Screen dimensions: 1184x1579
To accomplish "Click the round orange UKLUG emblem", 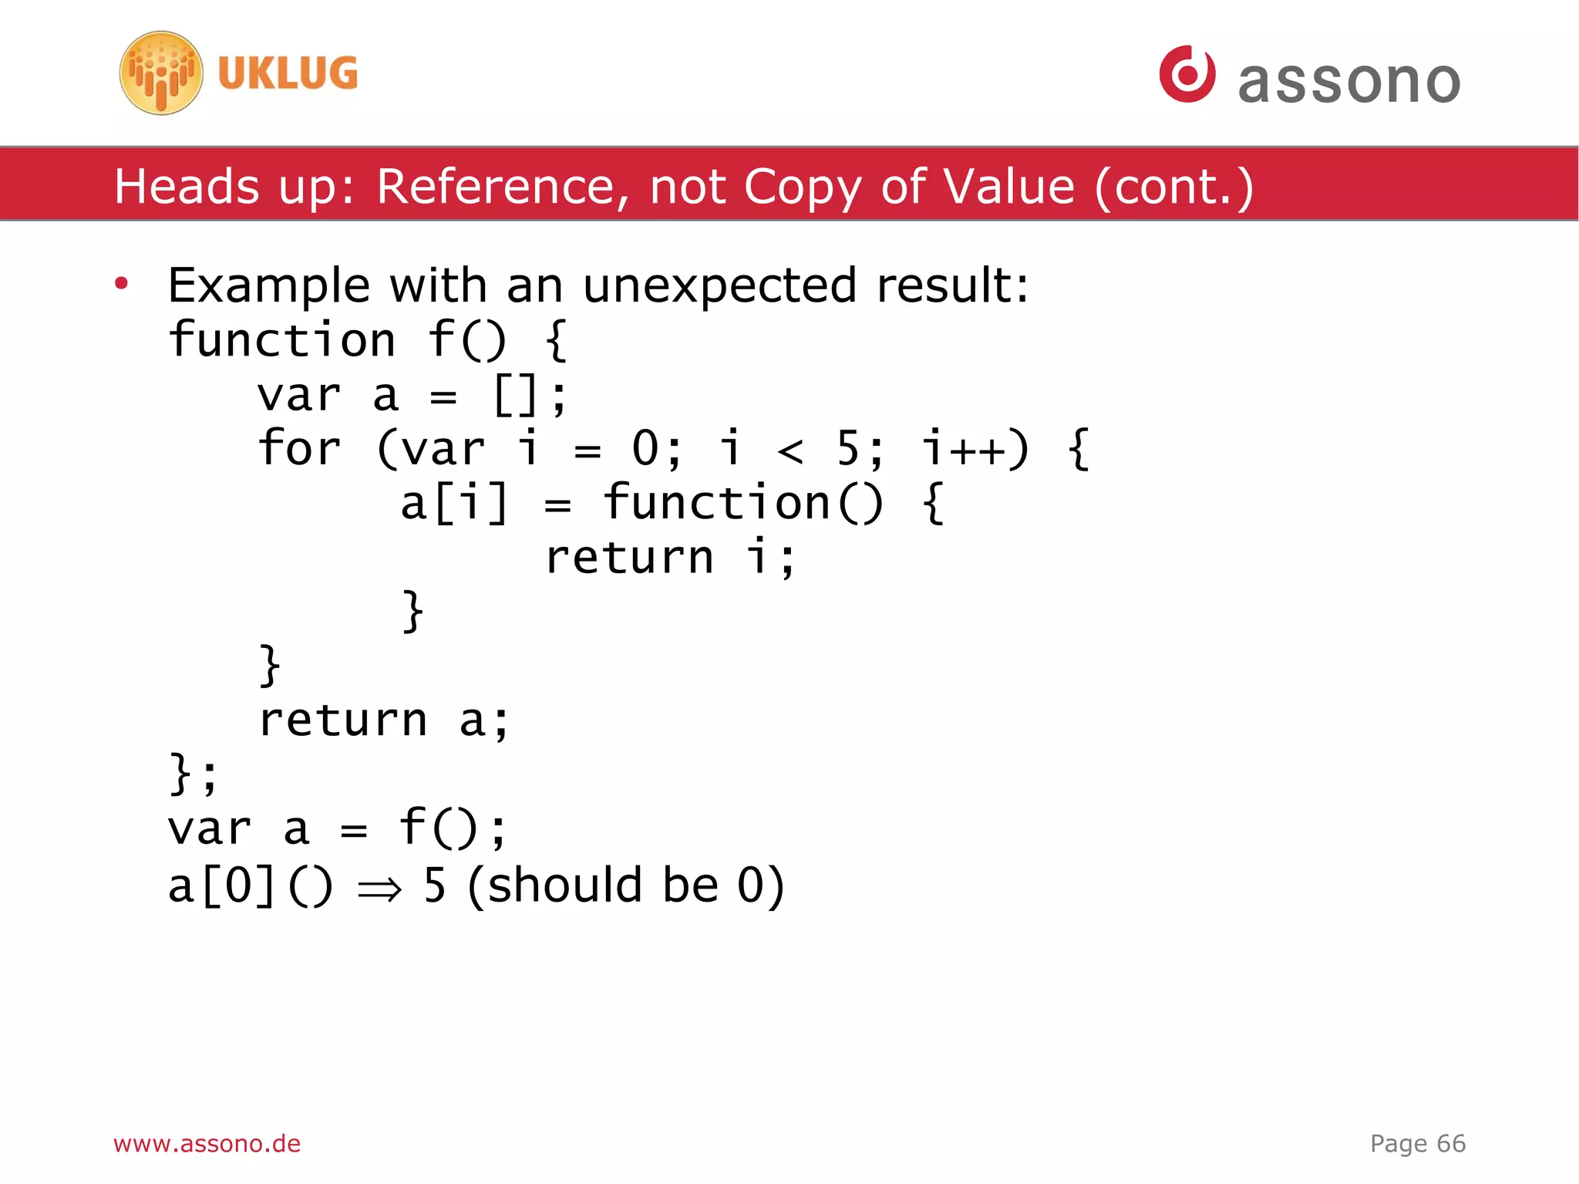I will (x=161, y=73).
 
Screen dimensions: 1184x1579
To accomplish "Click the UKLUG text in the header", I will (x=288, y=74).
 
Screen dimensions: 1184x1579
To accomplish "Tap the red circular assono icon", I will (x=1187, y=74).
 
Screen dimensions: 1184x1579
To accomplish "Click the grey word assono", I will (x=1348, y=82).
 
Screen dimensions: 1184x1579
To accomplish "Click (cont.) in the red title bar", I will (x=1173, y=187).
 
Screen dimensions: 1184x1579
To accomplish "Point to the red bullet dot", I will (x=121, y=284).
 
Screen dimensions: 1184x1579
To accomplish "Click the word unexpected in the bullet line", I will (x=719, y=285).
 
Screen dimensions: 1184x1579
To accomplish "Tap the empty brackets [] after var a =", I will (x=515, y=395).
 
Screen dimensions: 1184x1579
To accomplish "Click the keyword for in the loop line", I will (x=299, y=449).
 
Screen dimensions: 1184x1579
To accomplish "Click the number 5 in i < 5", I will (x=848, y=449).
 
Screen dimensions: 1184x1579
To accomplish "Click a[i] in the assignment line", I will (x=454, y=503).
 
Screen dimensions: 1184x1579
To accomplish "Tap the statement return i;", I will (x=669, y=558).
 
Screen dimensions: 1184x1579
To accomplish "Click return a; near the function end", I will (x=383, y=720).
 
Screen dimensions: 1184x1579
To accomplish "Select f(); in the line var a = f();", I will (x=453, y=828).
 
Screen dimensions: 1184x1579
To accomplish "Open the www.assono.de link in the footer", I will (x=207, y=1143).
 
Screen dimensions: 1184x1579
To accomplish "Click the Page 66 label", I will (x=1417, y=1143).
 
